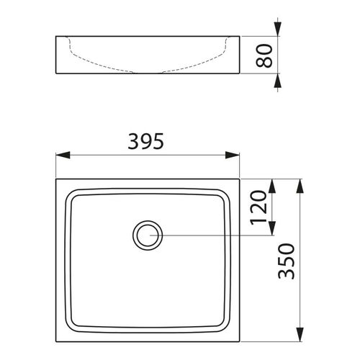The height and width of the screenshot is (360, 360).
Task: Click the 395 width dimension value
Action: (x=148, y=140)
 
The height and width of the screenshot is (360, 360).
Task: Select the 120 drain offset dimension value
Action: (x=260, y=207)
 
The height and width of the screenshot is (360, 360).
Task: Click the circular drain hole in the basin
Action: (x=148, y=234)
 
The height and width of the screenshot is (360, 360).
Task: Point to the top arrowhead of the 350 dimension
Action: (x=300, y=185)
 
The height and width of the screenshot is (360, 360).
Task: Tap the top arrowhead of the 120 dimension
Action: (x=271, y=185)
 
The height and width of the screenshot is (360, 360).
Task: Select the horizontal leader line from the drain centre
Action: (x=216, y=234)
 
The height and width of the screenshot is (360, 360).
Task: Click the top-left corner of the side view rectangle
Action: (x=55, y=36)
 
